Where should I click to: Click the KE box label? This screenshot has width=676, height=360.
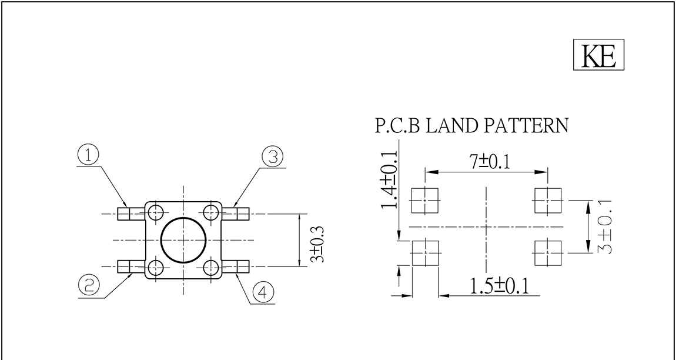tap(598, 56)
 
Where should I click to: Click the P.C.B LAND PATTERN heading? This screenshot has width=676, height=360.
tap(471, 126)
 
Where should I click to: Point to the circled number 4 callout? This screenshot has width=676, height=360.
tap(263, 292)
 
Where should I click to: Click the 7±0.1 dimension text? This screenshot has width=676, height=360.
tap(486, 162)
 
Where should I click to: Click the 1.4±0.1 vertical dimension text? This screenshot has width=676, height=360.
tap(389, 179)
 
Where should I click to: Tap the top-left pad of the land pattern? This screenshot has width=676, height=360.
tap(424, 201)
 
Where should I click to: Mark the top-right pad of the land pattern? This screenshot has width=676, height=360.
tap(547, 201)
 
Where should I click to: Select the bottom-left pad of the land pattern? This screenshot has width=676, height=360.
tap(424, 254)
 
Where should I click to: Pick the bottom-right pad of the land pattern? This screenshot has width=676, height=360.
tap(547, 254)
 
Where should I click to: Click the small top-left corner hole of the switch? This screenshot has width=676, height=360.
tap(156, 212)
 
